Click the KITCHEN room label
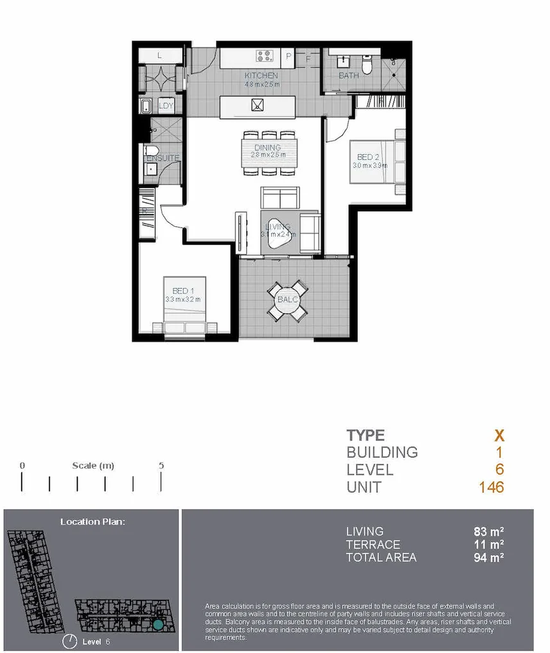[262, 76]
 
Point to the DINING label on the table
[267, 148]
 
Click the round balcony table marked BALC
[287, 300]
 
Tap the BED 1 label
[181, 291]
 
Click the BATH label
[349, 76]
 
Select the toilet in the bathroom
[368, 64]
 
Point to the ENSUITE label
[163, 157]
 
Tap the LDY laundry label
[166, 106]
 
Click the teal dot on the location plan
[158, 624]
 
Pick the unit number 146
[491, 487]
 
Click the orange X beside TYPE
[499, 435]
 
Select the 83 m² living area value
[488, 532]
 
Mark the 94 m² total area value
[488, 557]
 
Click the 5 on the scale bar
[161, 466]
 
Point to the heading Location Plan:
[93, 521]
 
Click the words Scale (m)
[93, 466]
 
